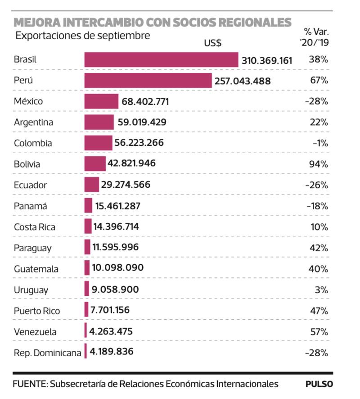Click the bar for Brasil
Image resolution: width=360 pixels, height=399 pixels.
tap(161, 59)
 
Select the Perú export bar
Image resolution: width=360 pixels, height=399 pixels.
tap(148, 81)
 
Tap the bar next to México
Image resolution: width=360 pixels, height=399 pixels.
tap(101, 101)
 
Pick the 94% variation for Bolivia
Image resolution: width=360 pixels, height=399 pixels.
tap(318, 163)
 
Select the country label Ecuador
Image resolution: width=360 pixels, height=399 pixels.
tap(30, 185)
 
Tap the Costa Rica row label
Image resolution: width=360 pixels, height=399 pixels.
tap(35, 227)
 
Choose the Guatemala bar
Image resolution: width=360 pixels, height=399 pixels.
tap(87, 268)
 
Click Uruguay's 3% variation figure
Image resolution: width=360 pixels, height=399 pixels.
tap(321, 290)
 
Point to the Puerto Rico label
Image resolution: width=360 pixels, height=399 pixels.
tap(36, 311)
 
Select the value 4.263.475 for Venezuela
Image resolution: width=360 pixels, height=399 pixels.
tap(111, 331)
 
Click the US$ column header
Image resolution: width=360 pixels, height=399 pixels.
tap(212, 44)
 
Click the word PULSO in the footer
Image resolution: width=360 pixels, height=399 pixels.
tap(319, 384)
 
